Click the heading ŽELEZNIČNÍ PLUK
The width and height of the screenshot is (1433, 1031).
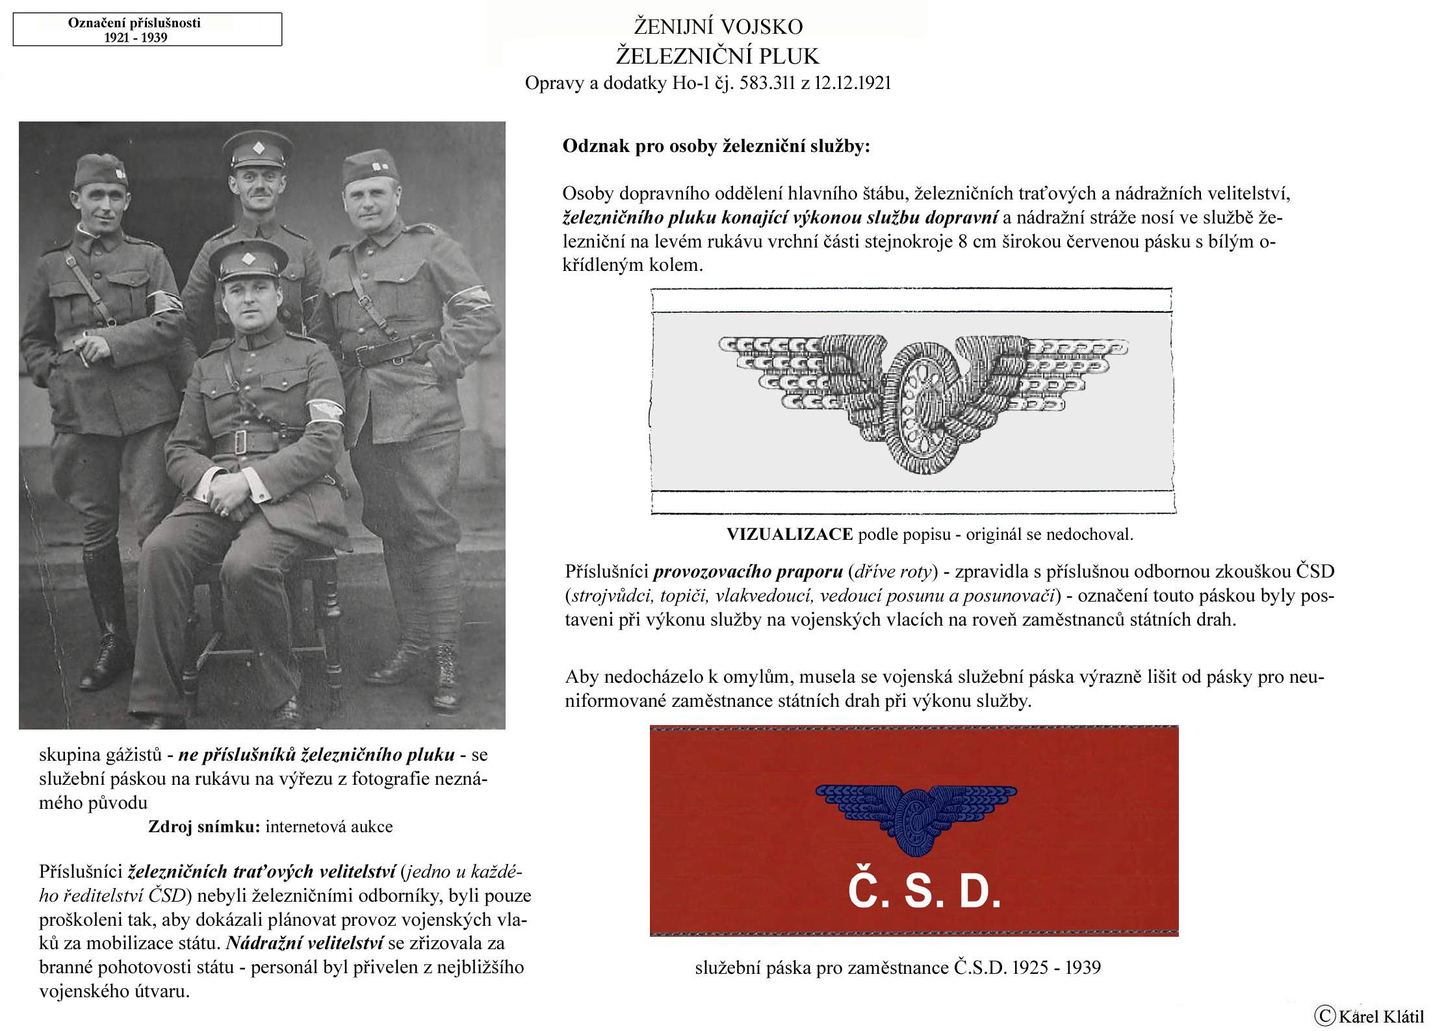[x=717, y=57]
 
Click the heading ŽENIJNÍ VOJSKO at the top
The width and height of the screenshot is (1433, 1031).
[x=718, y=27]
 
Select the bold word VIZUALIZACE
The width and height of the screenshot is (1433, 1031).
[x=790, y=535]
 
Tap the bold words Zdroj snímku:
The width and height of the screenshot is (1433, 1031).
[x=204, y=827]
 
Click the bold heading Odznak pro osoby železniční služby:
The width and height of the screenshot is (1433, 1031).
[x=716, y=146]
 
